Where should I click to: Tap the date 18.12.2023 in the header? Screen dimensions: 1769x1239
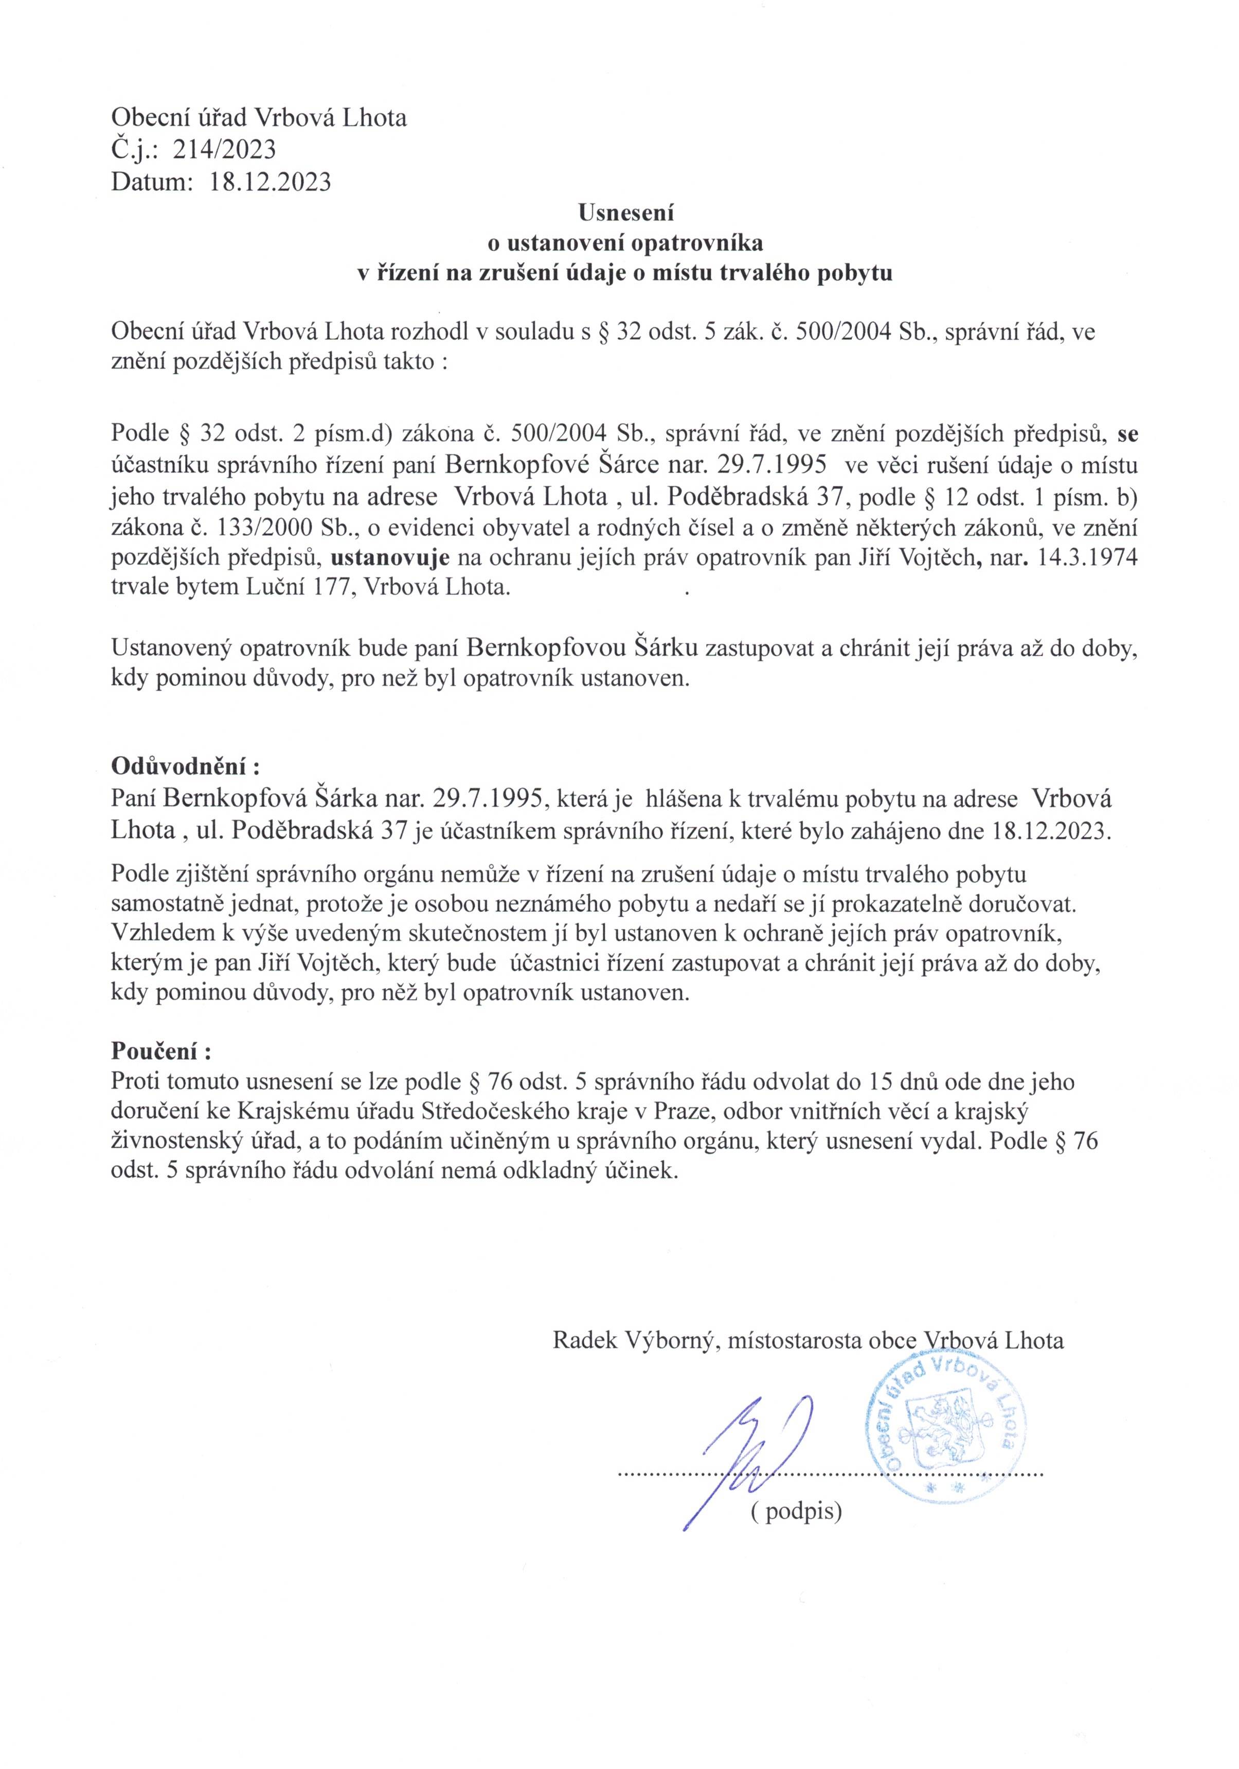click(271, 182)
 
